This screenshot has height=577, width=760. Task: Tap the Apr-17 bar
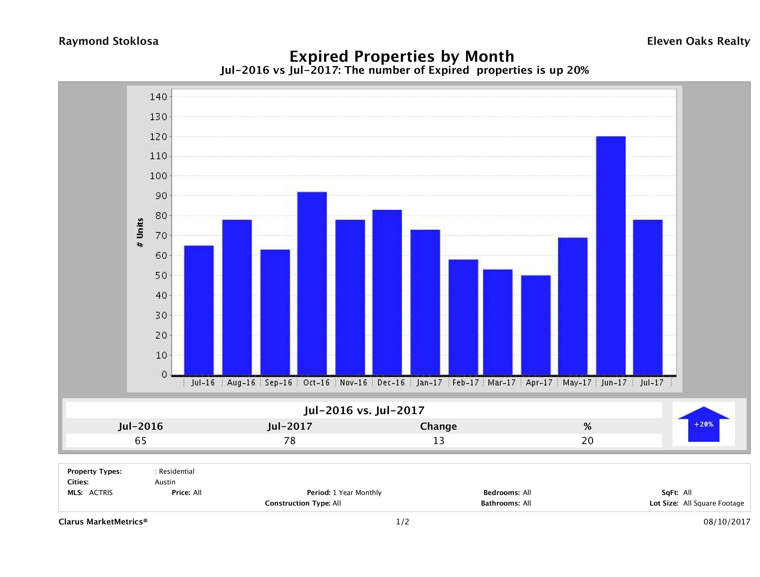pos(536,325)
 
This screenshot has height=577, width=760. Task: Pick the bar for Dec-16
pos(387,292)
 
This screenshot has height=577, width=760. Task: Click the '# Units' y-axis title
pos(140,233)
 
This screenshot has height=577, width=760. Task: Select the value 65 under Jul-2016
pos(141,441)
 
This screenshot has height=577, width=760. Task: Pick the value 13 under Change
pos(439,441)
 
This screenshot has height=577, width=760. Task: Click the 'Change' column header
pos(439,426)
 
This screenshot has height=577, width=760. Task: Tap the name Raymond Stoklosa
pos(109,41)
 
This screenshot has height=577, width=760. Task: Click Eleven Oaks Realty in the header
pos(698,41)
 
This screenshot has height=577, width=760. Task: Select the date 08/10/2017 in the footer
pos(727,522)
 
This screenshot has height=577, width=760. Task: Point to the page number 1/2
pos(402,522)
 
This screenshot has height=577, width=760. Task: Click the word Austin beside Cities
pos(165,482)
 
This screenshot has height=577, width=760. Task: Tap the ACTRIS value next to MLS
pos(101,492)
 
